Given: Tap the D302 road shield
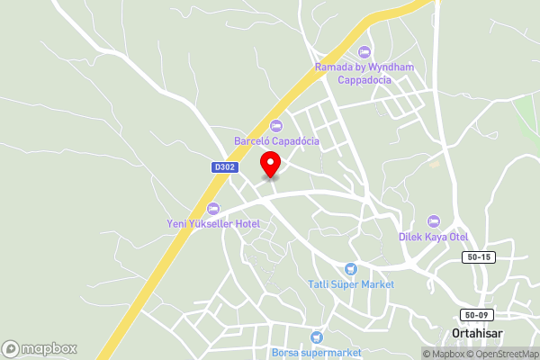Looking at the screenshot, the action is pos(224,167).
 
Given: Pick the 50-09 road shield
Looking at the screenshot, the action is pos(478,315).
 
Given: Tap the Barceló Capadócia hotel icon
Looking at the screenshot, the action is pos(275,126).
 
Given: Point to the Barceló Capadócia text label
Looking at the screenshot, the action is pos(276,141).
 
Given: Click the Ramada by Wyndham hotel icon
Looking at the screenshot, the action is pos(364,51).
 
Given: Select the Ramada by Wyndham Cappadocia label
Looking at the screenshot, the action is pos(364,73).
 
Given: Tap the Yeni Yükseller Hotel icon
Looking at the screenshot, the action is pos(213,208).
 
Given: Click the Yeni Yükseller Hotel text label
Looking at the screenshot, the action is pos(213,223).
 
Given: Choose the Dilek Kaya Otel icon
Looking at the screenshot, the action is pos(434,221).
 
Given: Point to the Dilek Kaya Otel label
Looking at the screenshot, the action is pos(434,237).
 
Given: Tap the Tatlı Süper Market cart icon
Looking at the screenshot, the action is pos(351,268).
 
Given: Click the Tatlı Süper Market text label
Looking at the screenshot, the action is pos(351,284).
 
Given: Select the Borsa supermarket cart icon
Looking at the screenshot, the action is pos(316,337).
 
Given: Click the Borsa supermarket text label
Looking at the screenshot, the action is pos(316,352).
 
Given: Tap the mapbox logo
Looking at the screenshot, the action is pos(40,348).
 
